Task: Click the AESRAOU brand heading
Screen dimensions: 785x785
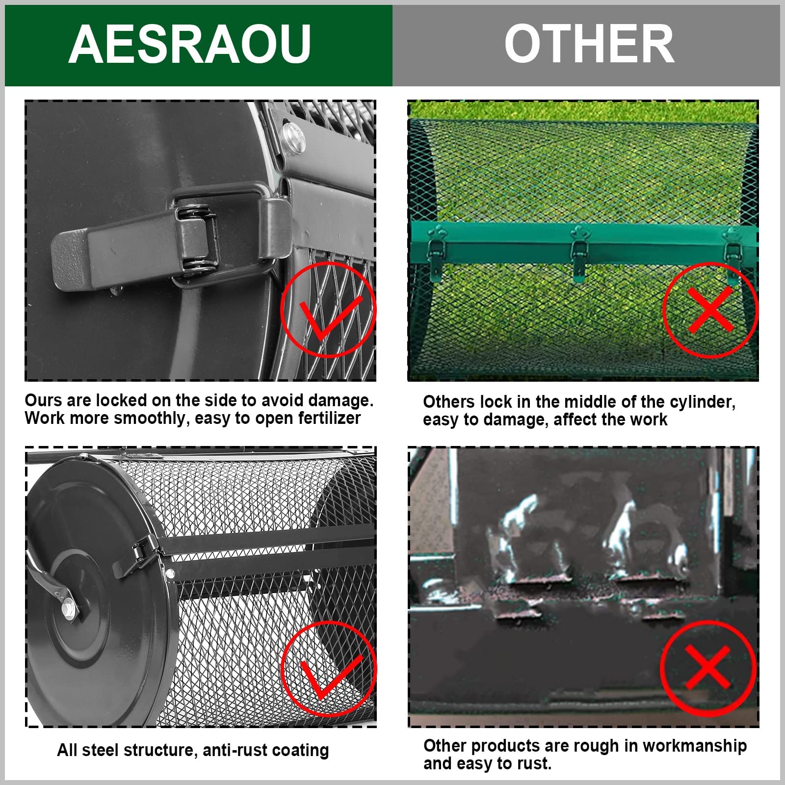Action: pos(189,44)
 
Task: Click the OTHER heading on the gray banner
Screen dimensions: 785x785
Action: pos(589,44)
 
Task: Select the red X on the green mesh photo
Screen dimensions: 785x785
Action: pos(710,310)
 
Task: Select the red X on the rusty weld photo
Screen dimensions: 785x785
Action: pos(707,668)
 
